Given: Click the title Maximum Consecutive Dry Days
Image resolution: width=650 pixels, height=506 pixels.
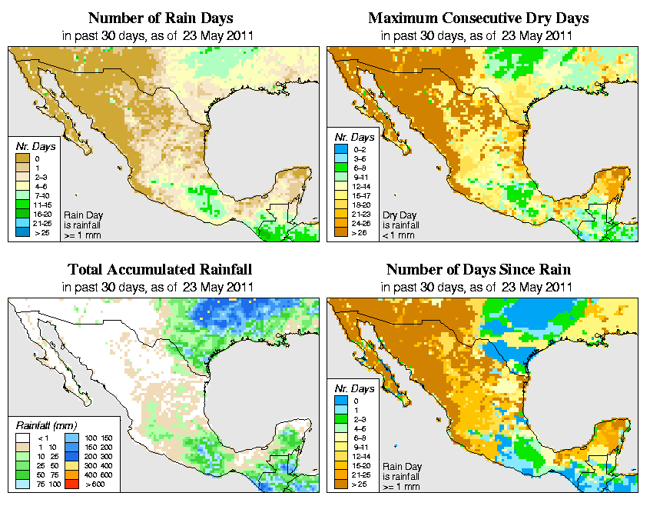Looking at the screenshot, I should coord(479,18).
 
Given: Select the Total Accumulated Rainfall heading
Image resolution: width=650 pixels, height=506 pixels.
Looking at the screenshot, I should coord(159,270).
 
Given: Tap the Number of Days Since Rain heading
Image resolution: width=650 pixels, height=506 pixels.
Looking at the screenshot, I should coord(479,270).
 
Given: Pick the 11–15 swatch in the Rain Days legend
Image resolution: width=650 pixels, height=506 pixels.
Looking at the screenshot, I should coord(22,205).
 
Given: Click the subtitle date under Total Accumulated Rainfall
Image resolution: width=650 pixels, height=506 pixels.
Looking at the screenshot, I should coord(159,287).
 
